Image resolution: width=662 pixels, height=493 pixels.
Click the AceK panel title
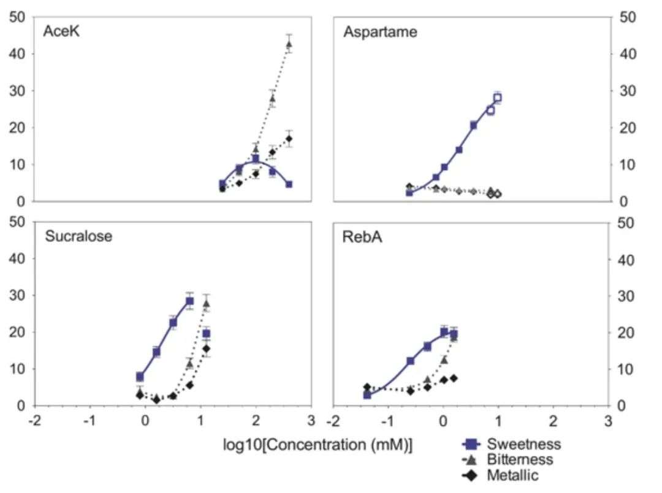click(x=62, y=32)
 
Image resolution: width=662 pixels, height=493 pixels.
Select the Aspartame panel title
click(x=380, y=32)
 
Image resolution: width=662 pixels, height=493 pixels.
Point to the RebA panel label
click(x=362, y=237)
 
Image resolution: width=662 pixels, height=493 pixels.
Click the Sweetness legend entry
click(x=523, y=443)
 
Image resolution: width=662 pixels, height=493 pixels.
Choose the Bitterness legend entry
click(x=520, y=459)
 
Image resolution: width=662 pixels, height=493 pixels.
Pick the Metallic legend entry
click(x=514, y=475)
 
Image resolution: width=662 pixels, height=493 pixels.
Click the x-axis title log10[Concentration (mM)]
click(x=318, y=445)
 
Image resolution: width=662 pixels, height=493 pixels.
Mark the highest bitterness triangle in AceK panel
click(x=289, y=44)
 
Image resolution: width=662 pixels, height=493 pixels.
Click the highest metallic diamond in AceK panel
click(x=289, y=138)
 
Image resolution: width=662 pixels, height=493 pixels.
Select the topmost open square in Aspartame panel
click(x=497, y=97)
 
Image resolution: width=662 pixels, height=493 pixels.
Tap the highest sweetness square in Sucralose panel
click(x=189, y=301)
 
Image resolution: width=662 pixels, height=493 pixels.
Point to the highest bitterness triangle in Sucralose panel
click(x=207, y=303)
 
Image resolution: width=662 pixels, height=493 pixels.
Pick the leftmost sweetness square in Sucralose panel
click(x=140, y=377)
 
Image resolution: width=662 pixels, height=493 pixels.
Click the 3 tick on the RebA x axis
click(x=607, y=421)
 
